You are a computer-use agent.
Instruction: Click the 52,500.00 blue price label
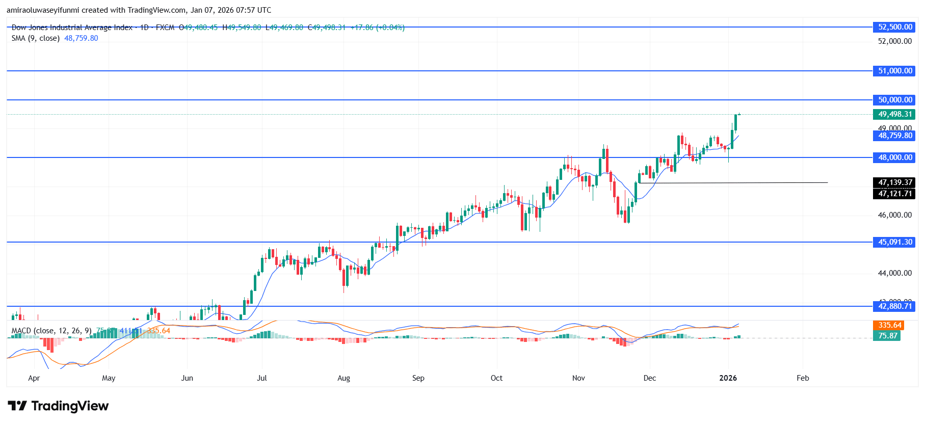[x=894, y=27]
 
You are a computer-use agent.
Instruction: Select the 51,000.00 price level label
[x=894, y=71]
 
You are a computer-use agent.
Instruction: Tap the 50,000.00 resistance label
[x=894, y=100]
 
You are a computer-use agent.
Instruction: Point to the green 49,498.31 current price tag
[x=894, y=114]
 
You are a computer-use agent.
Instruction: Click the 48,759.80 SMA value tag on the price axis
[x=894, y=136]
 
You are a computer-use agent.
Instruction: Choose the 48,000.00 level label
[x=894, y=157]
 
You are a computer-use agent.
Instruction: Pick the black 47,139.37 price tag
[x=894, y=182]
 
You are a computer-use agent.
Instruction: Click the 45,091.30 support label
[x=894, y=242]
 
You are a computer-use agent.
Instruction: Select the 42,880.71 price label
[x=894, y=306]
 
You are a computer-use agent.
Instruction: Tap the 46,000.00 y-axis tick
[x=894, y=215]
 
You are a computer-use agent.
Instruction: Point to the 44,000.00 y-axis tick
[x=894, y=273]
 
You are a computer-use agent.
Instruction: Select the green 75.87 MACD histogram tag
[x=887, y=336]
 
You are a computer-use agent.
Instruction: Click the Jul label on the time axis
[x=262, y=378]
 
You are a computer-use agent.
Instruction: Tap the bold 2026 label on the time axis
[x=728, y=378]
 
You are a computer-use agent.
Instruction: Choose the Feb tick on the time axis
[x=803, y=378]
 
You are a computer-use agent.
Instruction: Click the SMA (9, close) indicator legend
[x=36, y=38]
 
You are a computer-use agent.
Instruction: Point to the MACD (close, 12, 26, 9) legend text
[x=51, y=331]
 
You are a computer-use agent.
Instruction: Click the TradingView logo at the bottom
[x=58, y=406]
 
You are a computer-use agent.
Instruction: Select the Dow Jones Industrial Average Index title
[x=72, y=28]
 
